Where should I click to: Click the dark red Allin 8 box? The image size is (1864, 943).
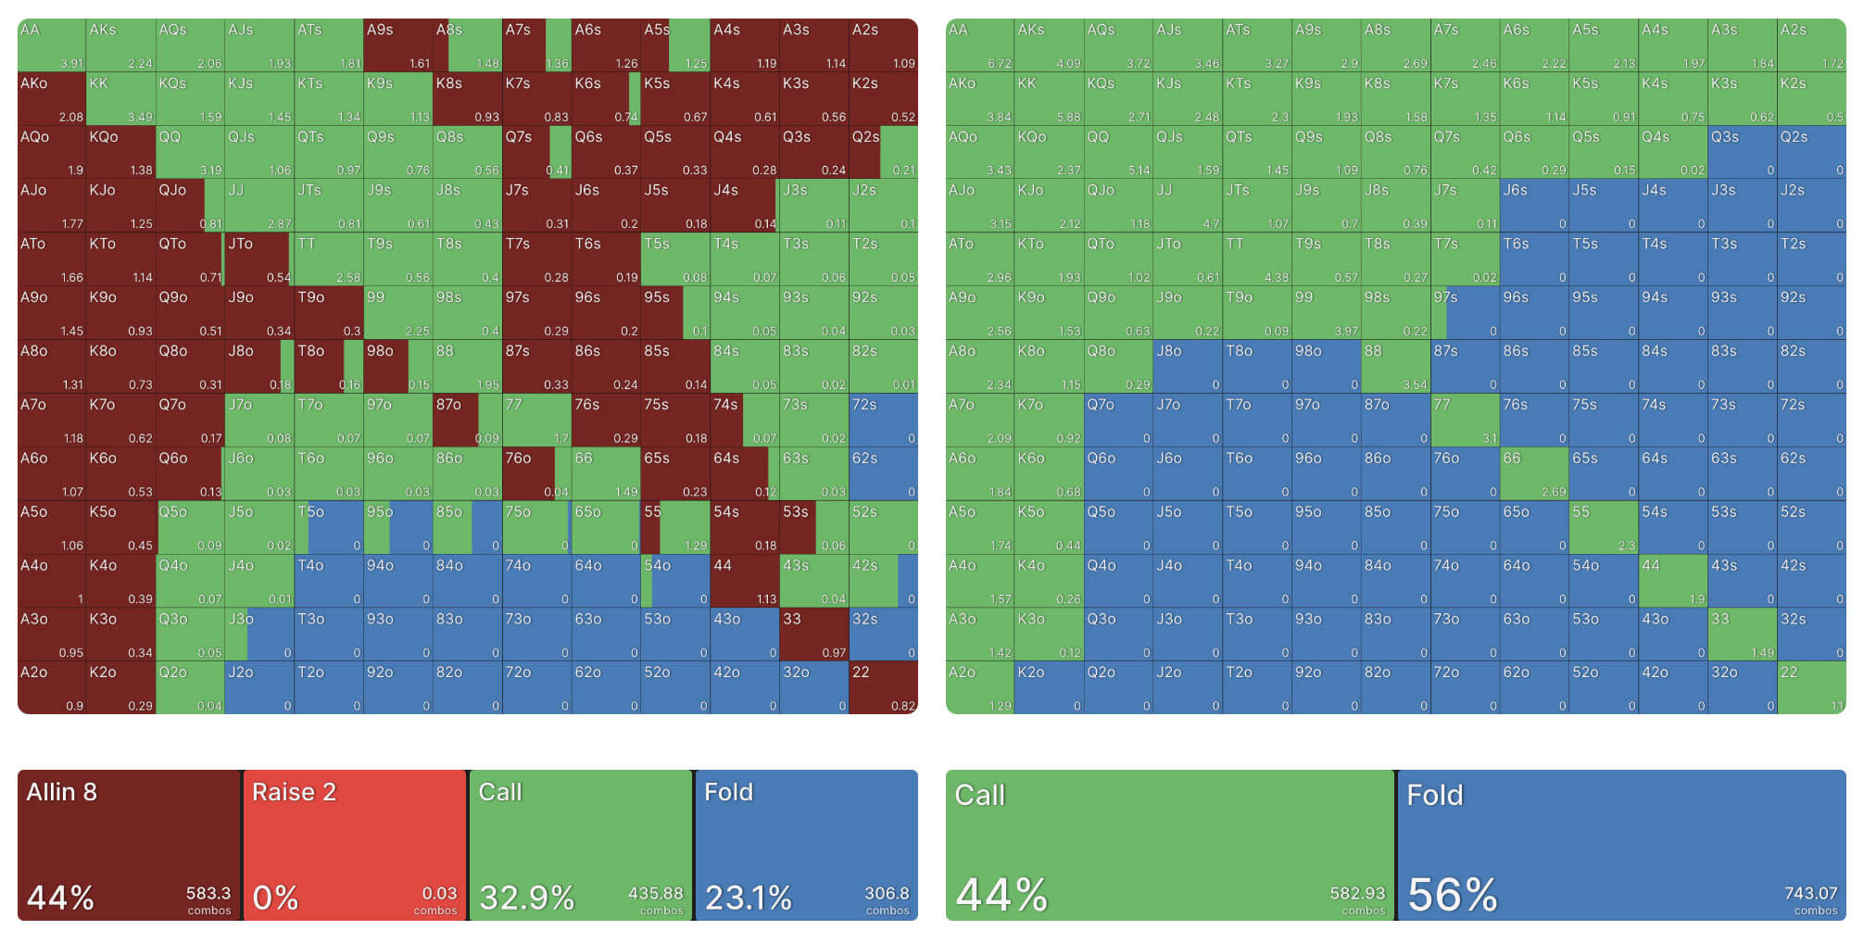coord(129,845)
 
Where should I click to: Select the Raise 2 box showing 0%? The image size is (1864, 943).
coord(355,845)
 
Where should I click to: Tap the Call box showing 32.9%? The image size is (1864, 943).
coord(581,845)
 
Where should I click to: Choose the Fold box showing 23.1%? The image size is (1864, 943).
coord(806,845)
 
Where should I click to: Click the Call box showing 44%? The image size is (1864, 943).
coord(1170,845)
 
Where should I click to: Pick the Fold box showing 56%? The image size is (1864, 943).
coord(1621,845)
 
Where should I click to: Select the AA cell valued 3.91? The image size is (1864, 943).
coord(52,45)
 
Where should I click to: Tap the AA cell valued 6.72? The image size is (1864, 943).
coord(980,45)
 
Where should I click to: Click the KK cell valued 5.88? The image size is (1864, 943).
coord(1050,99)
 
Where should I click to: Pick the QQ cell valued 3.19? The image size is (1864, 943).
coord(190,153)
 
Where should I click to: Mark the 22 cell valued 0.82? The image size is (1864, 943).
coord(883,687)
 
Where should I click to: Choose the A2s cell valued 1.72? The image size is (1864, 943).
coord(1811,45)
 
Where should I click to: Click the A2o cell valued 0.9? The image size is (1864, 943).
coord(52,687)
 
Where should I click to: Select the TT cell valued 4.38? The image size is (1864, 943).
coord(1257,259)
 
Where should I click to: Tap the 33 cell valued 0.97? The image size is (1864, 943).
coord(813,634)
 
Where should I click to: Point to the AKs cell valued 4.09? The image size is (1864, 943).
coord(1050,45)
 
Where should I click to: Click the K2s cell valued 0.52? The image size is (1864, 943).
coord(883,99)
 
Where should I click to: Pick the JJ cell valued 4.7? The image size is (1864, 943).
coord(1188,206)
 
